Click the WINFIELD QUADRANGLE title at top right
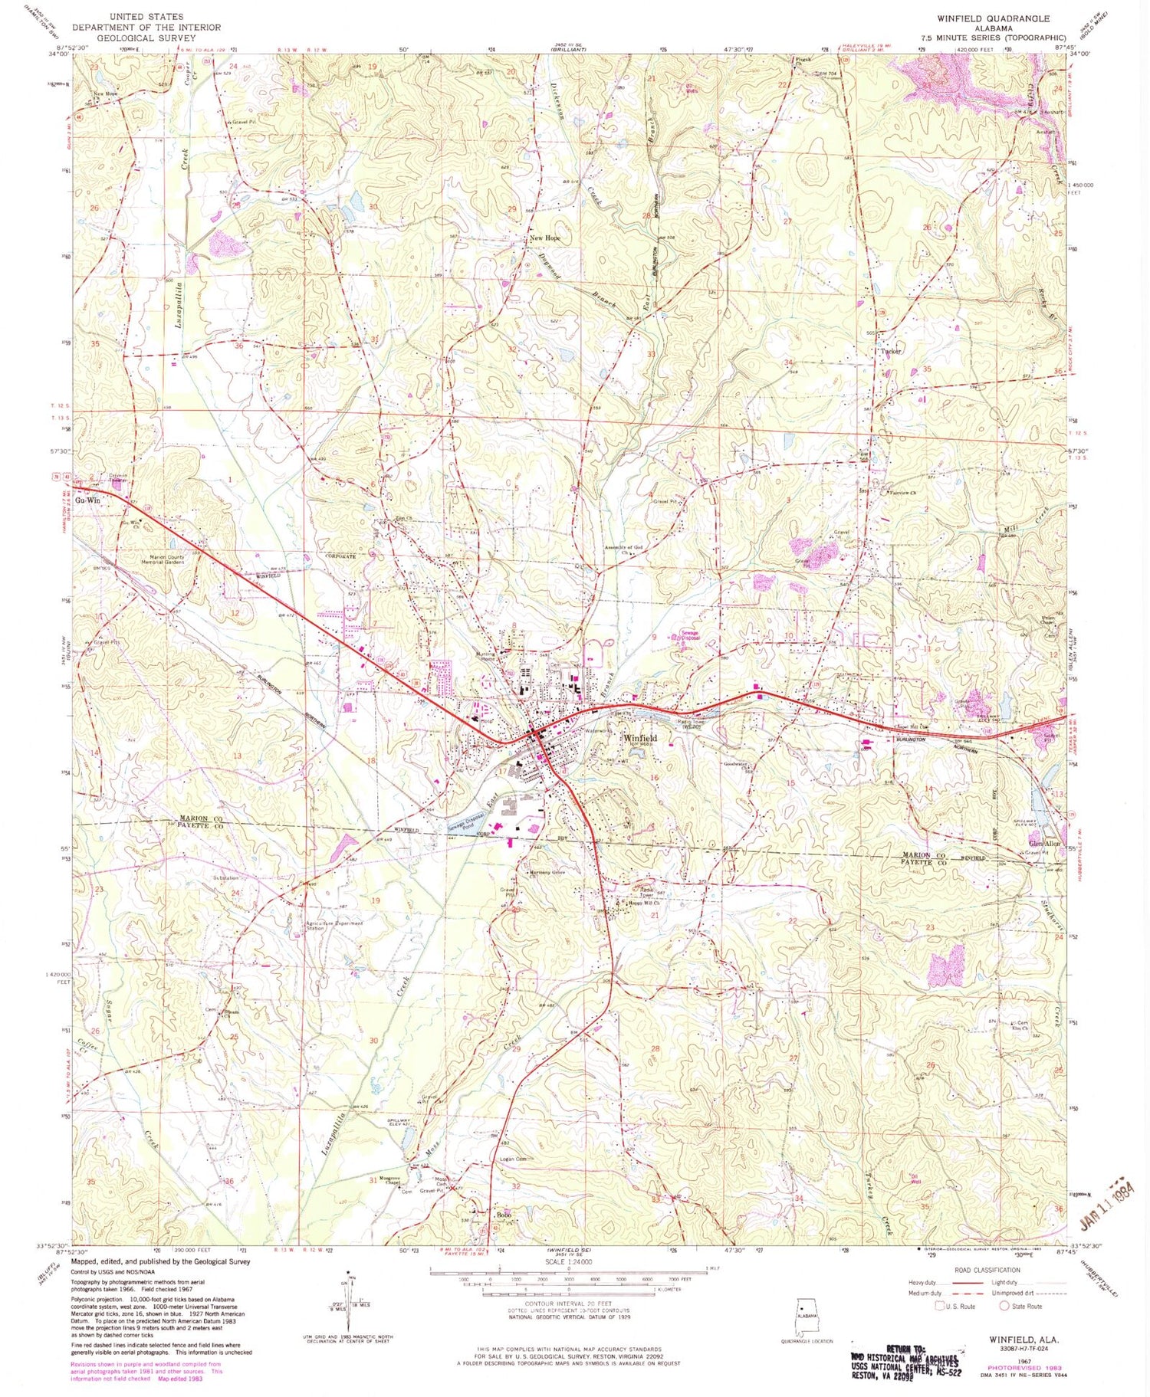[x=994, y=18]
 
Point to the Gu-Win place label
[x=88, y=500]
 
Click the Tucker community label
[x=891, y=351]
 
